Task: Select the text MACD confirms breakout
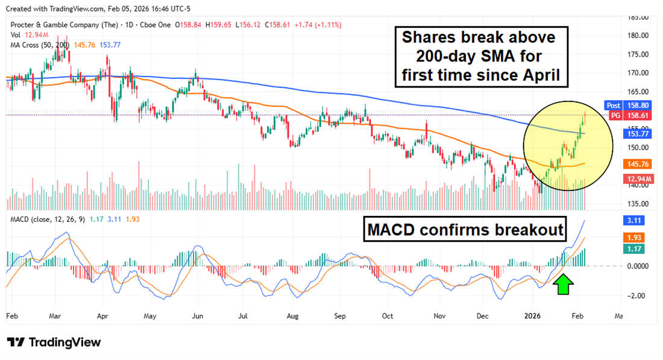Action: coord(464,229)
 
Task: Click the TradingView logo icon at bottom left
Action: coord(16,342)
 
